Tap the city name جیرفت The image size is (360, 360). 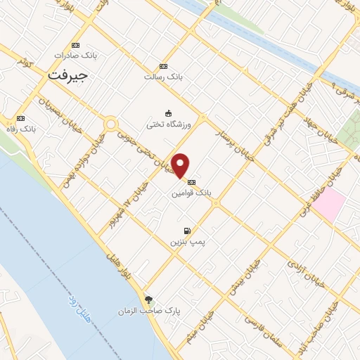pyautogui.click(x=67, y=73)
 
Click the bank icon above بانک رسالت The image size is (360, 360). pyautogui.click(x=164, y=65)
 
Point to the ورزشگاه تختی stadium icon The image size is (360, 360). pyautogui.click(x=168, y=113)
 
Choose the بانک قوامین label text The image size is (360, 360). pyautogui.click(x=193, y=191)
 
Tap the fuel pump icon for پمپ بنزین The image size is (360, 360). pyautogui.click(x=186, y=231)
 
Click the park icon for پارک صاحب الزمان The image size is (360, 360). pyautogui.click(x=148, y=299)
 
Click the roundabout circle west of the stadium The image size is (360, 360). pyautogui.click(x=110, y=124)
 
